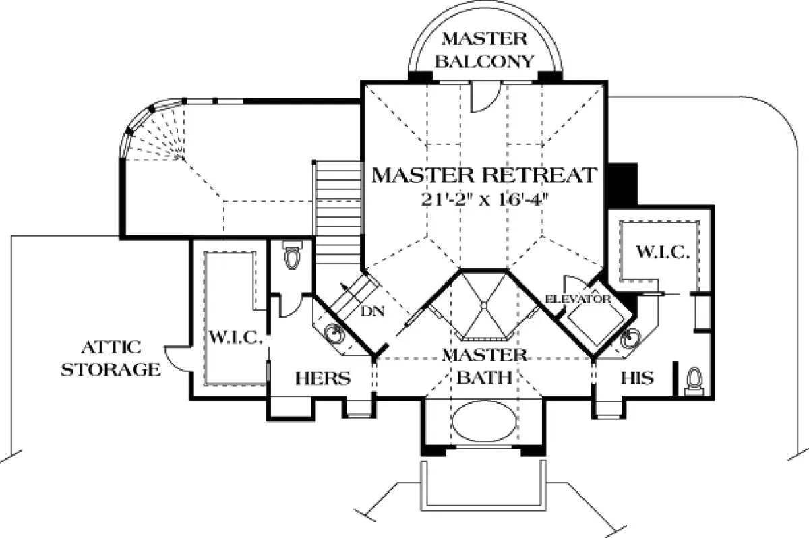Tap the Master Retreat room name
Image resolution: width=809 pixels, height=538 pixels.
click(484, 175)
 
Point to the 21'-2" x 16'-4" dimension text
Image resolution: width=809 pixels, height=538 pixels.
click(484, 200)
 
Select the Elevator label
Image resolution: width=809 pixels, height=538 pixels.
click(578, 298)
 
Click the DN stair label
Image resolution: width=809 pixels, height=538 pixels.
click(373, 312)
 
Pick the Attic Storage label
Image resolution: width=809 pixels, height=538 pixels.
click(111, 359)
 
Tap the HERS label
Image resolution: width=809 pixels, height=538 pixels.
click(323, 378)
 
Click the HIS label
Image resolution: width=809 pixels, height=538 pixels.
click(637, 378)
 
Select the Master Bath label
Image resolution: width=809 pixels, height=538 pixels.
click(484, 365)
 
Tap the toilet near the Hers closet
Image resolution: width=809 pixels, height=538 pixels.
click(292, 256)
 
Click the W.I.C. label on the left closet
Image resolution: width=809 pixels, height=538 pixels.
click(235, 336)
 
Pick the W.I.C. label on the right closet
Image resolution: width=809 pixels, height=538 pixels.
click(662, 253)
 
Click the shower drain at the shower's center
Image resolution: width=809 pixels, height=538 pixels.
click(483, 305)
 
